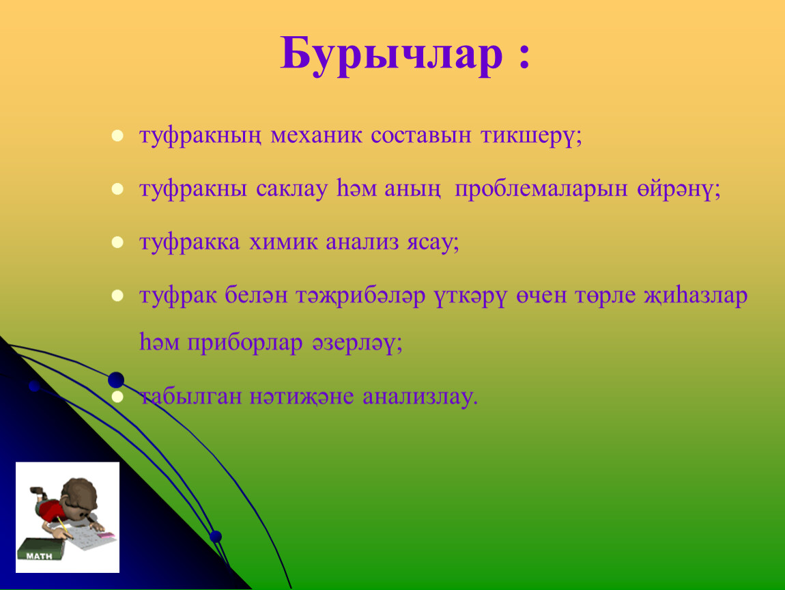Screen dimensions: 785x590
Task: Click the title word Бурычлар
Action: [x=391, y=55]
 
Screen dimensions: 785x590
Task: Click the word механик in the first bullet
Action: [x=316, y=135]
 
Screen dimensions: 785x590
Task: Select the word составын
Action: [x=421, y=135]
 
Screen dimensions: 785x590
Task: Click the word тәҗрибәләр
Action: [x=360, y=296]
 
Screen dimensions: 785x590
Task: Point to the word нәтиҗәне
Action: [x=302, y=397]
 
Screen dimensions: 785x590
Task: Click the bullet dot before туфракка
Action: [x=117, y=242]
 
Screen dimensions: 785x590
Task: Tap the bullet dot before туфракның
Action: [x=117, y=136]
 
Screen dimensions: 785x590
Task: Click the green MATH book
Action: [x=41, y=550]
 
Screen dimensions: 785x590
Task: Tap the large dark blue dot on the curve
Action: [x=116, y=380]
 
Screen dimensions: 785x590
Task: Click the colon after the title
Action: [x=524, y=56]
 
